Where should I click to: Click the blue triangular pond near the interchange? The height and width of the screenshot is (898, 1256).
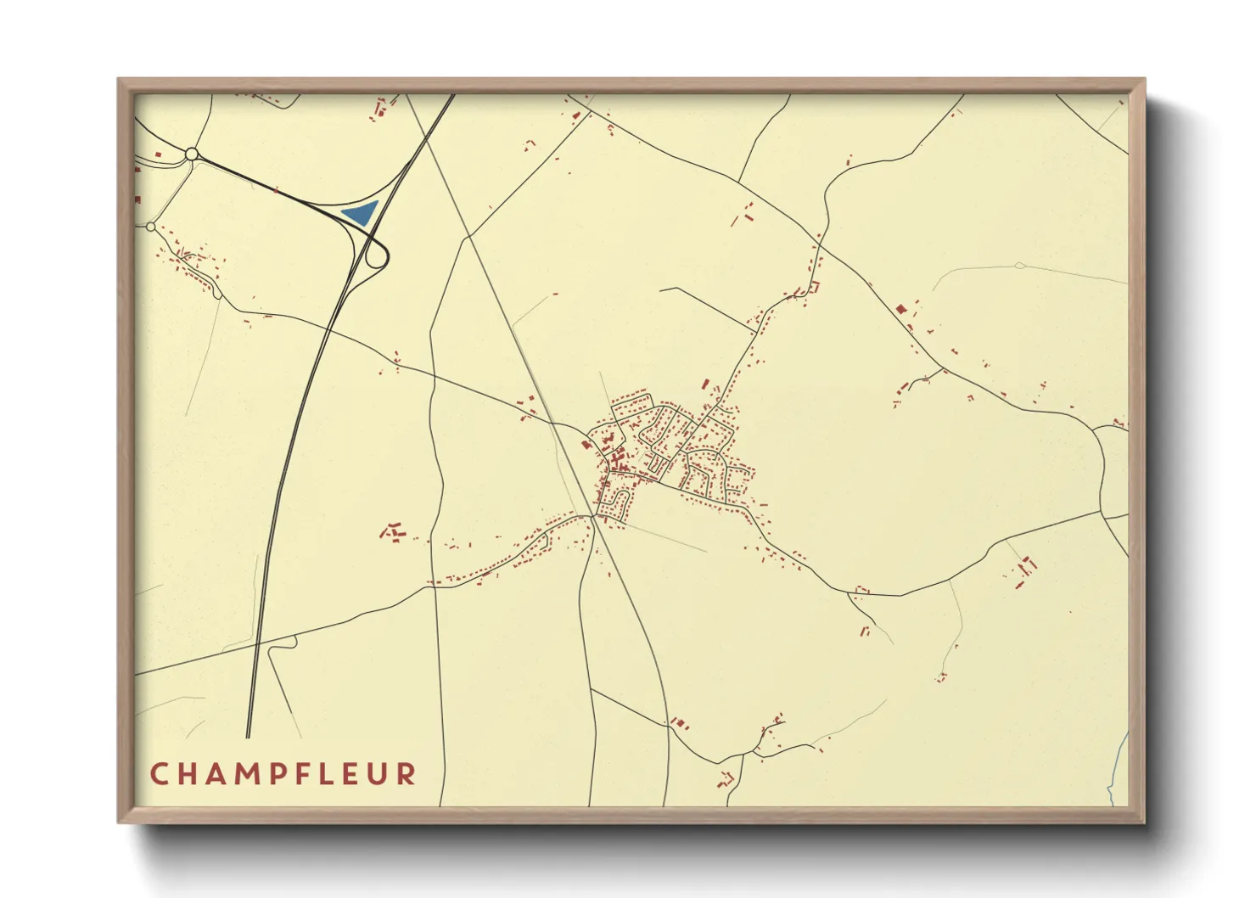(360, 212)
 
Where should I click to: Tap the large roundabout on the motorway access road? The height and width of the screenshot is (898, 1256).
(192, 154)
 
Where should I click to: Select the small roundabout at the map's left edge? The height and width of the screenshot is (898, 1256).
(151, 227)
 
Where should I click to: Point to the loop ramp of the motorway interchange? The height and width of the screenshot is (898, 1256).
(378, 254)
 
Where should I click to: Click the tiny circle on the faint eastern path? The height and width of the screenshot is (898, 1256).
(1019, 266)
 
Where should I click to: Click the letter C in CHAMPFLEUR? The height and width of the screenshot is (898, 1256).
(159, 774)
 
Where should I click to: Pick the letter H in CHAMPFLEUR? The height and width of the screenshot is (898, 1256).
(188, 774)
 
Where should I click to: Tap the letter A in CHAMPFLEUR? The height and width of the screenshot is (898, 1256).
(218, 774)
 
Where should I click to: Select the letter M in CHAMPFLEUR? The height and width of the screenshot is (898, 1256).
(250, 774)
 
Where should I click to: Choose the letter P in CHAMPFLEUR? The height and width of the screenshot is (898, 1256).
(282, 774)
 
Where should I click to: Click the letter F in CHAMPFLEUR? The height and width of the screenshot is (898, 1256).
(309, 774)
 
